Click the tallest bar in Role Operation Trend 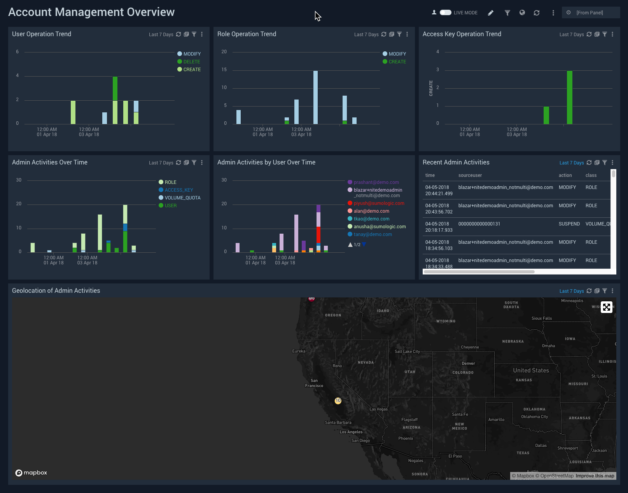[315, 97]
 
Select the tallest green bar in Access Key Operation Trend [569, 97]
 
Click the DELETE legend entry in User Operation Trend [191, 62]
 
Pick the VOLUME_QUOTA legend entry [182, 198]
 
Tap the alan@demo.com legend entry [371, 211]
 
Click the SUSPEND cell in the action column [569, 224]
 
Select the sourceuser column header [470, 175]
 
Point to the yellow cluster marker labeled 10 [338, 401]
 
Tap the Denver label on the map [468, 364]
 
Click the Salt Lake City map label [407, 351]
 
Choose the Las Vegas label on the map [378, 409]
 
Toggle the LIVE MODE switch [446, 12]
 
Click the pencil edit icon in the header [491, 13]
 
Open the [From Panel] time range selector [590, 13]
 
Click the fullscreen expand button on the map [606, 307]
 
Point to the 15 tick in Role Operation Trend [224, 70]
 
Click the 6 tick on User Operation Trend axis [17, 52]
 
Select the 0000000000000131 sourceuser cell [479, 224]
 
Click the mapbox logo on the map [31, 473]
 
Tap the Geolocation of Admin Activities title [56, 291]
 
